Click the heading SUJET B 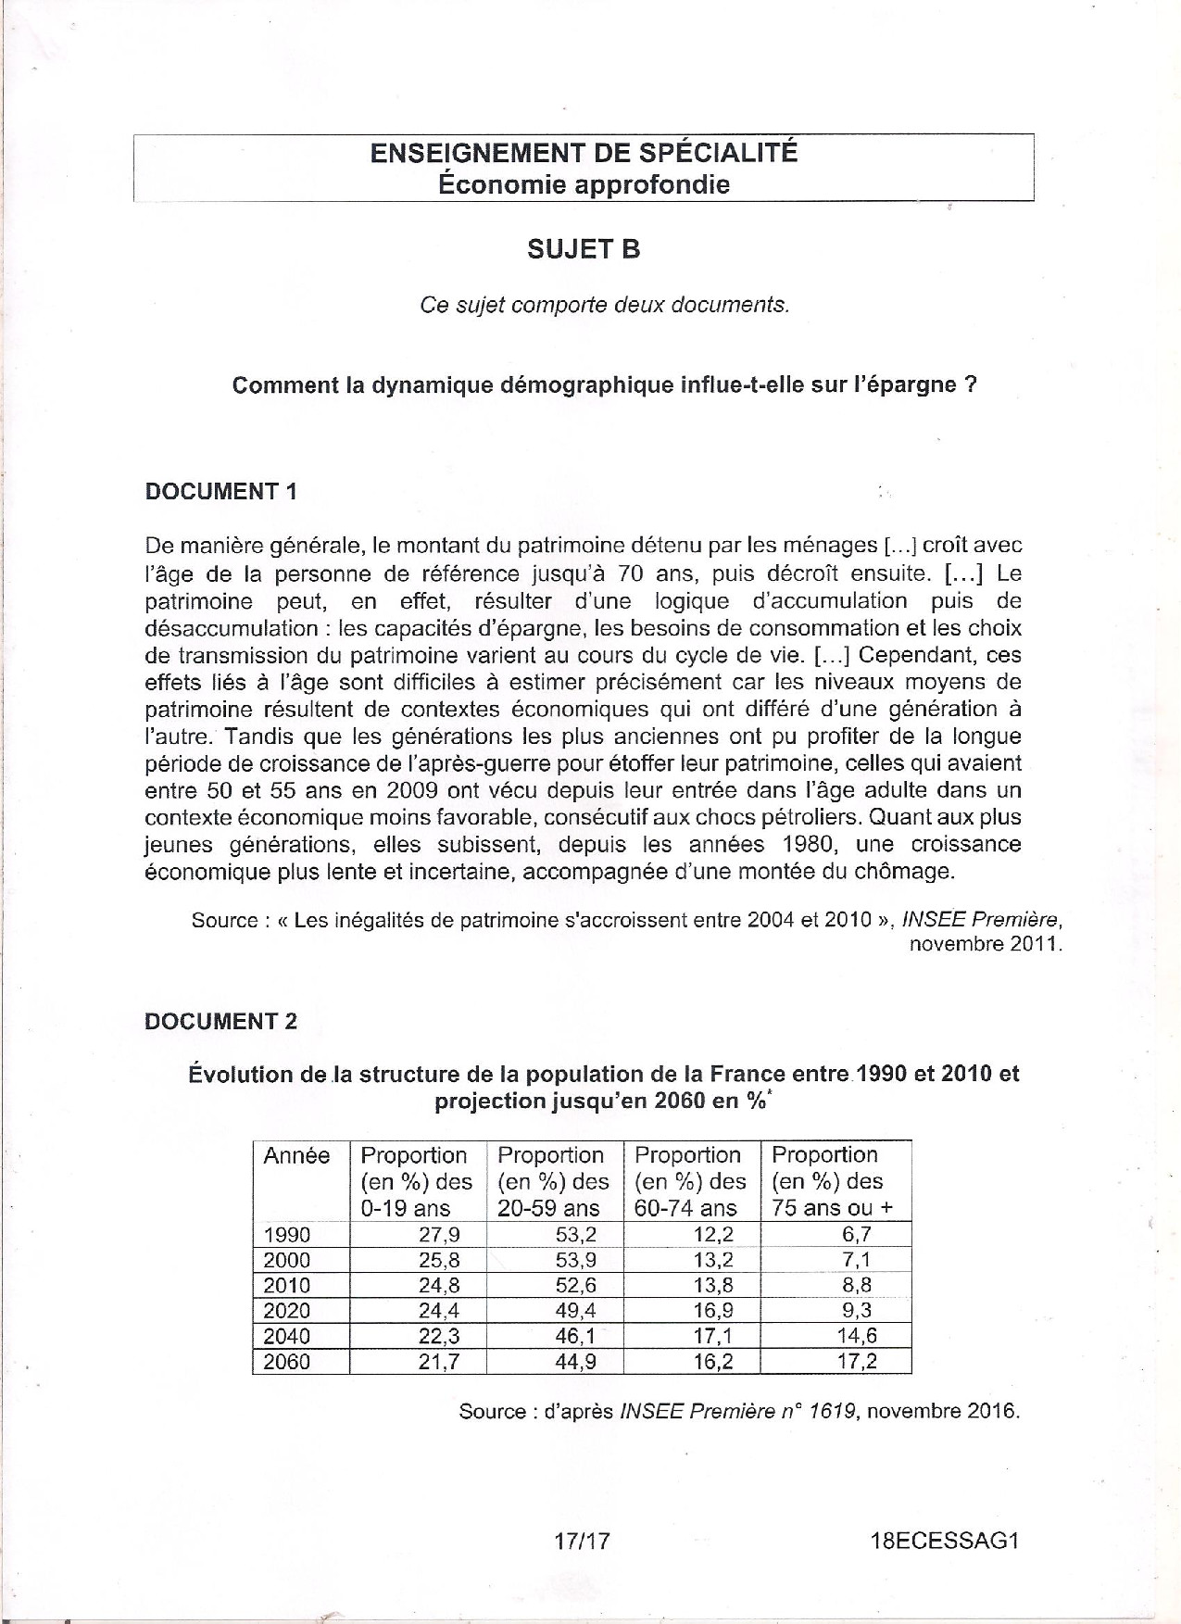pyautogui.click(x=584, y=249)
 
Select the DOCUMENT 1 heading pyautogui.click(x=221, y=491)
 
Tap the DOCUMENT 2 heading pyautogui.click(x=221, y=1021)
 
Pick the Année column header pyautogui.click(x=296, y=1155)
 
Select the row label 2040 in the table pyautogui.click(x=287, y=1336)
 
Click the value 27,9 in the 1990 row pyautogui.click(x=439, y=1234)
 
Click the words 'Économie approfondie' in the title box pyautogui.click(x=584, y=184)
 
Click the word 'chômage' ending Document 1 pyautogui.click(x=908, y=872)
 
